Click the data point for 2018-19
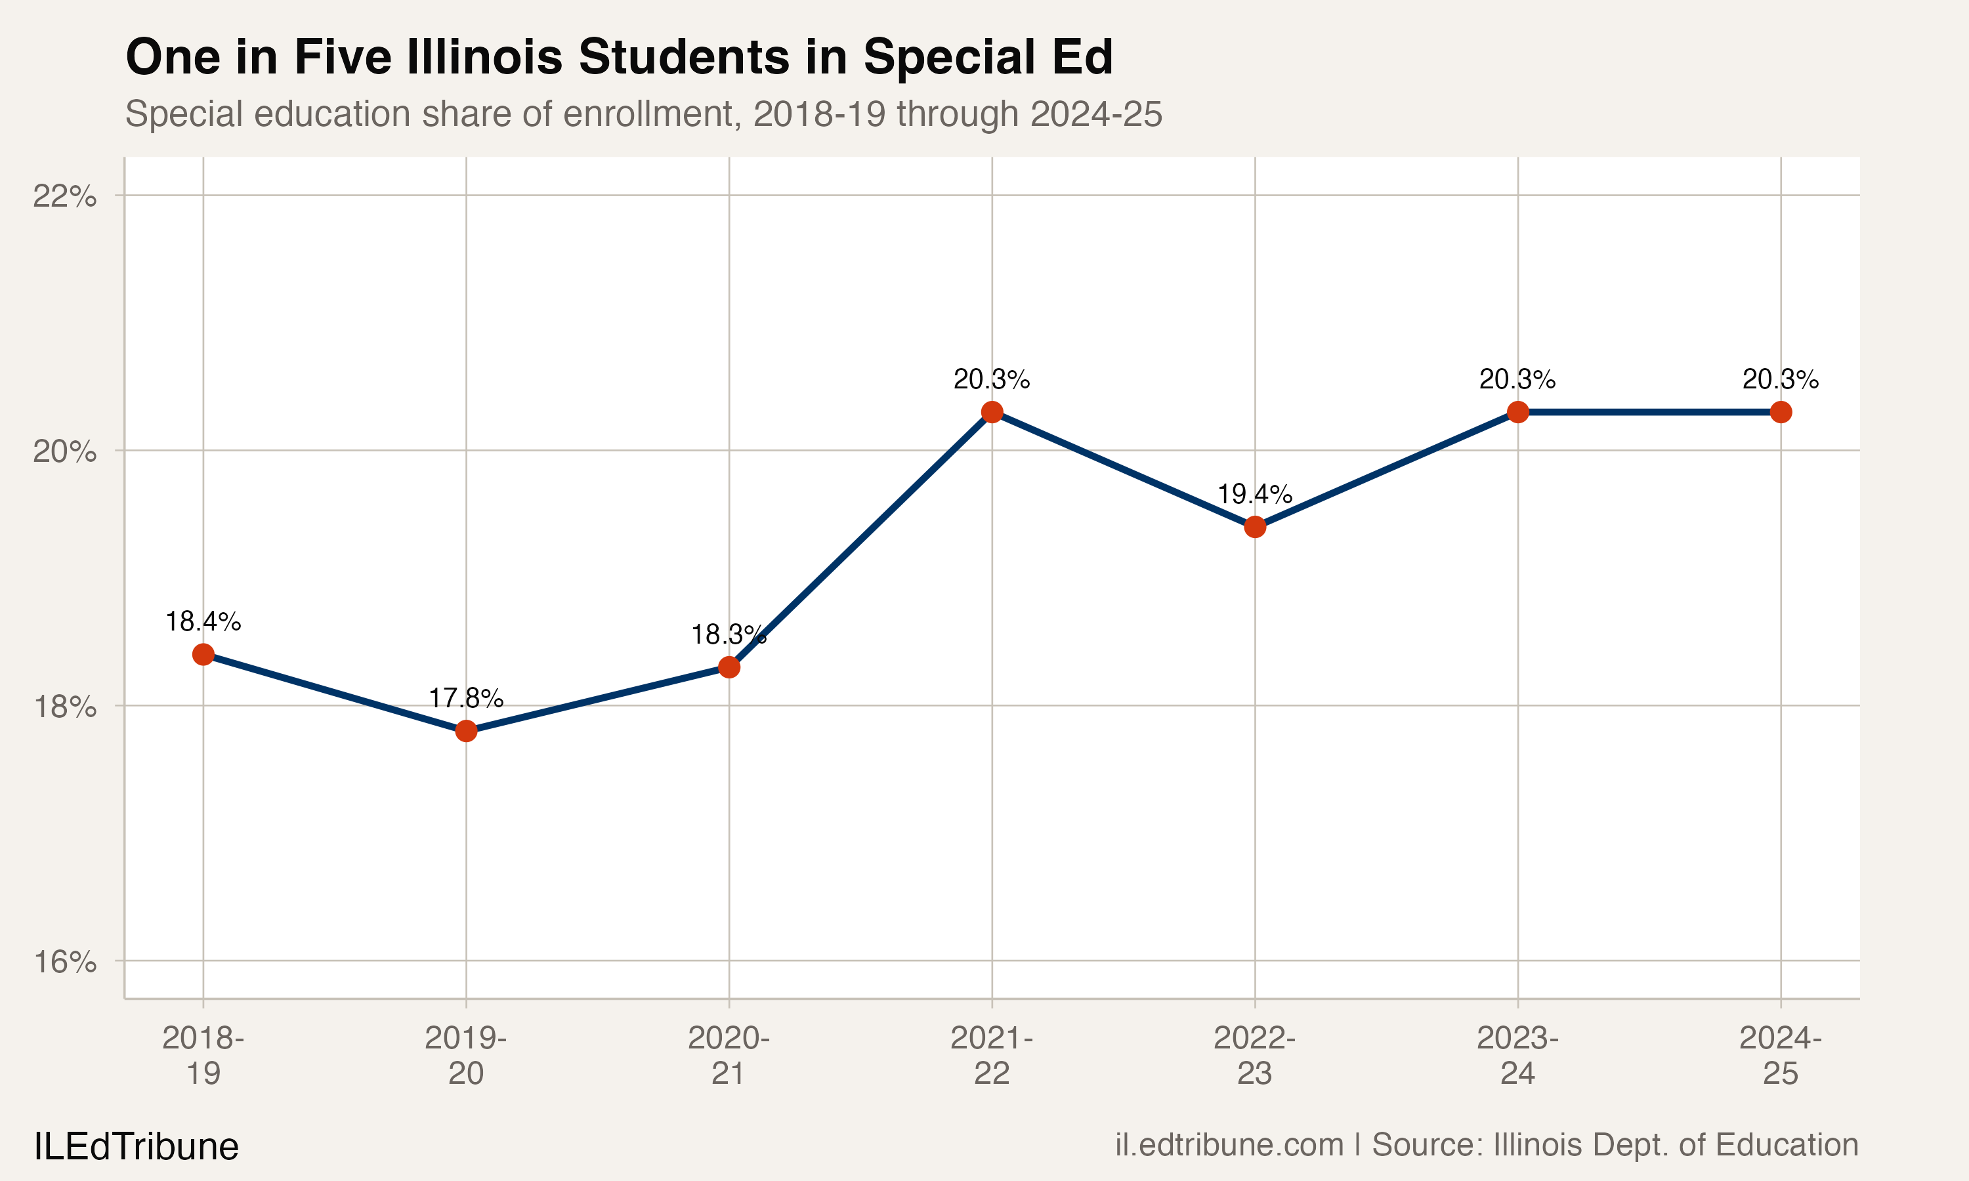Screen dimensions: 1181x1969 pyautogui.click(x=203, y=654)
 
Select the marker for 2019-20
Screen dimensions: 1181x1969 pyautogui.click(x=467, y=730)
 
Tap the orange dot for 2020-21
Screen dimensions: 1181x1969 pyautogui.click(x=729, y=667)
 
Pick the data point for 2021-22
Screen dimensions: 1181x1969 pyautogui.click(x=992, y=412)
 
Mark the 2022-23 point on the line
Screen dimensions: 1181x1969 pyautogui.click(x=1255, y=527)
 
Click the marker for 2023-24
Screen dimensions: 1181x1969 pyautogui.click(x=1517, y=412)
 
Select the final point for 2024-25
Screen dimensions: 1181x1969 pyautogui.click(x=1781, y=412)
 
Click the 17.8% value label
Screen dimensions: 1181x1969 pyautogui.click(x=467, y=699)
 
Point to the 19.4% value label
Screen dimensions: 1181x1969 pyautogui.click(x=1255, y=494)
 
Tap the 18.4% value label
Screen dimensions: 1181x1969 pyautogui.click(x=203, y=621)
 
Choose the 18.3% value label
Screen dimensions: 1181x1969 pyautogui.click(x=727, y=635)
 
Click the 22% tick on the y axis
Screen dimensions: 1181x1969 pyautogui.click(x=64, y=196)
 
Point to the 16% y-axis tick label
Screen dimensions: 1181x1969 pyautogui.click(x=64, y=962)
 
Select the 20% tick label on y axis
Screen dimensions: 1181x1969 pyautogui.click(x=64, y=451)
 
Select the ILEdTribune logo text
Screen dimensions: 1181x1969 pyautogui.click(x=136, y=1147)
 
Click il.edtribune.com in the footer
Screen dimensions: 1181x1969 pyautogui.click(x=1229, y=1145)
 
